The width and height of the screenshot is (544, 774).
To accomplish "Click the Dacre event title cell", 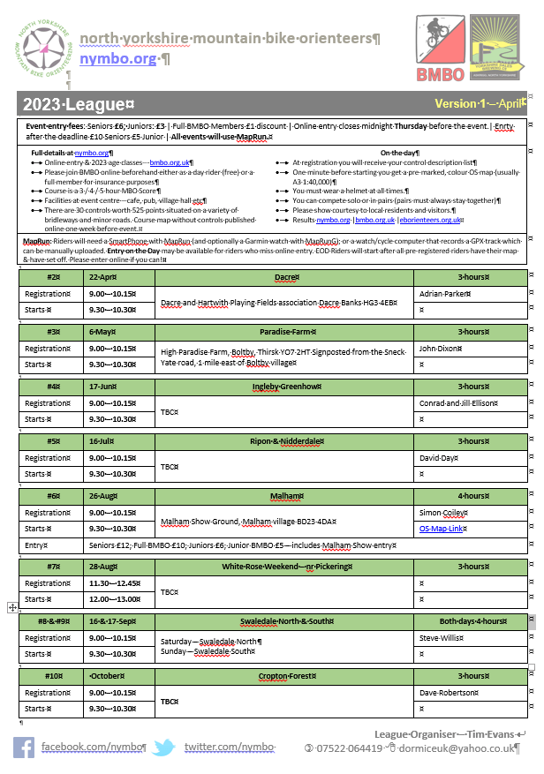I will (284, 277).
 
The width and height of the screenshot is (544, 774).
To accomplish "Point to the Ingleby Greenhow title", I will (284, 387).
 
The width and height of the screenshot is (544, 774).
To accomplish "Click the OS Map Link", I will (443, 530).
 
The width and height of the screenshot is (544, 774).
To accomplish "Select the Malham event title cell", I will (284, 496).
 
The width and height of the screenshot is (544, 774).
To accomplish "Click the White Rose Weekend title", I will (284, 567).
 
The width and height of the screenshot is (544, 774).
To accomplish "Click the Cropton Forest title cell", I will (284, 676).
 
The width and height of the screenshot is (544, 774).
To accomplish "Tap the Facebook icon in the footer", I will (24, 748).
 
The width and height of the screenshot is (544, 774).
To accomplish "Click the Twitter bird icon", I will (163, 748).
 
